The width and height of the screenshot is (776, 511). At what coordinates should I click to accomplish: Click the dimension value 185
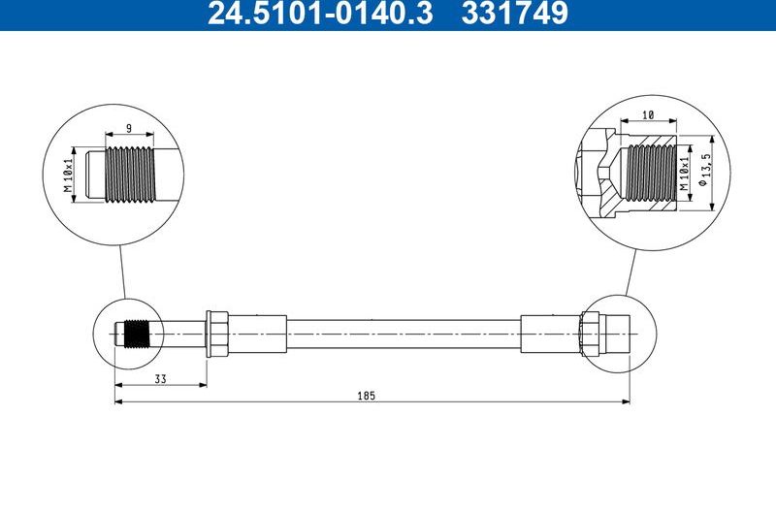pyautogui.click(x=366, y=396)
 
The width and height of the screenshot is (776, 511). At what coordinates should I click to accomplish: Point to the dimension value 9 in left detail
pyautogui.click(x=129, y=127)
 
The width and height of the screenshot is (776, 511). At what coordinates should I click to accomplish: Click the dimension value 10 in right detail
pyautogui.click(x=648, y=114)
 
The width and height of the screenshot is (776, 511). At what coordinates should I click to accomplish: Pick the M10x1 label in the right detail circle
pyautogui.click(x=684, y=174)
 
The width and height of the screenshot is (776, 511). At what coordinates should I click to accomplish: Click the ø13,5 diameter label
pyautogui.click(x=708, y=174)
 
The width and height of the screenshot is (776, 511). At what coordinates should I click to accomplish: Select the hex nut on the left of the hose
pyautogui.click(x=217, y=334)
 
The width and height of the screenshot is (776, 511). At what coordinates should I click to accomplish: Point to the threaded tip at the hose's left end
pyautogui.click(x=136, y=334)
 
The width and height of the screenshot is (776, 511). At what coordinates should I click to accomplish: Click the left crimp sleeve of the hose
pyautogui.click(x=258, y=334)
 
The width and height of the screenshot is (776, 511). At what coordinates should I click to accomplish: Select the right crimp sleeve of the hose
pyautogui.click(x=549, y=334)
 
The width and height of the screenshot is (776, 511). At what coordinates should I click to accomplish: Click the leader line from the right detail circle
pyautogui.click(x=631, y=271)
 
